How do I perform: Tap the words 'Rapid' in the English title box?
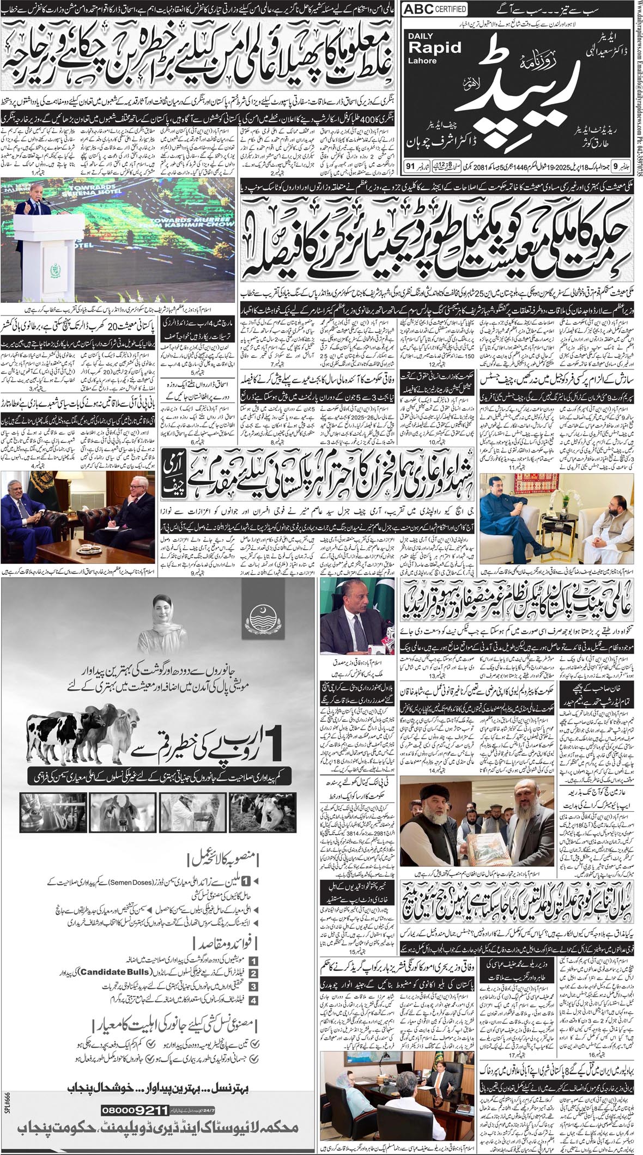point(432,48)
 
